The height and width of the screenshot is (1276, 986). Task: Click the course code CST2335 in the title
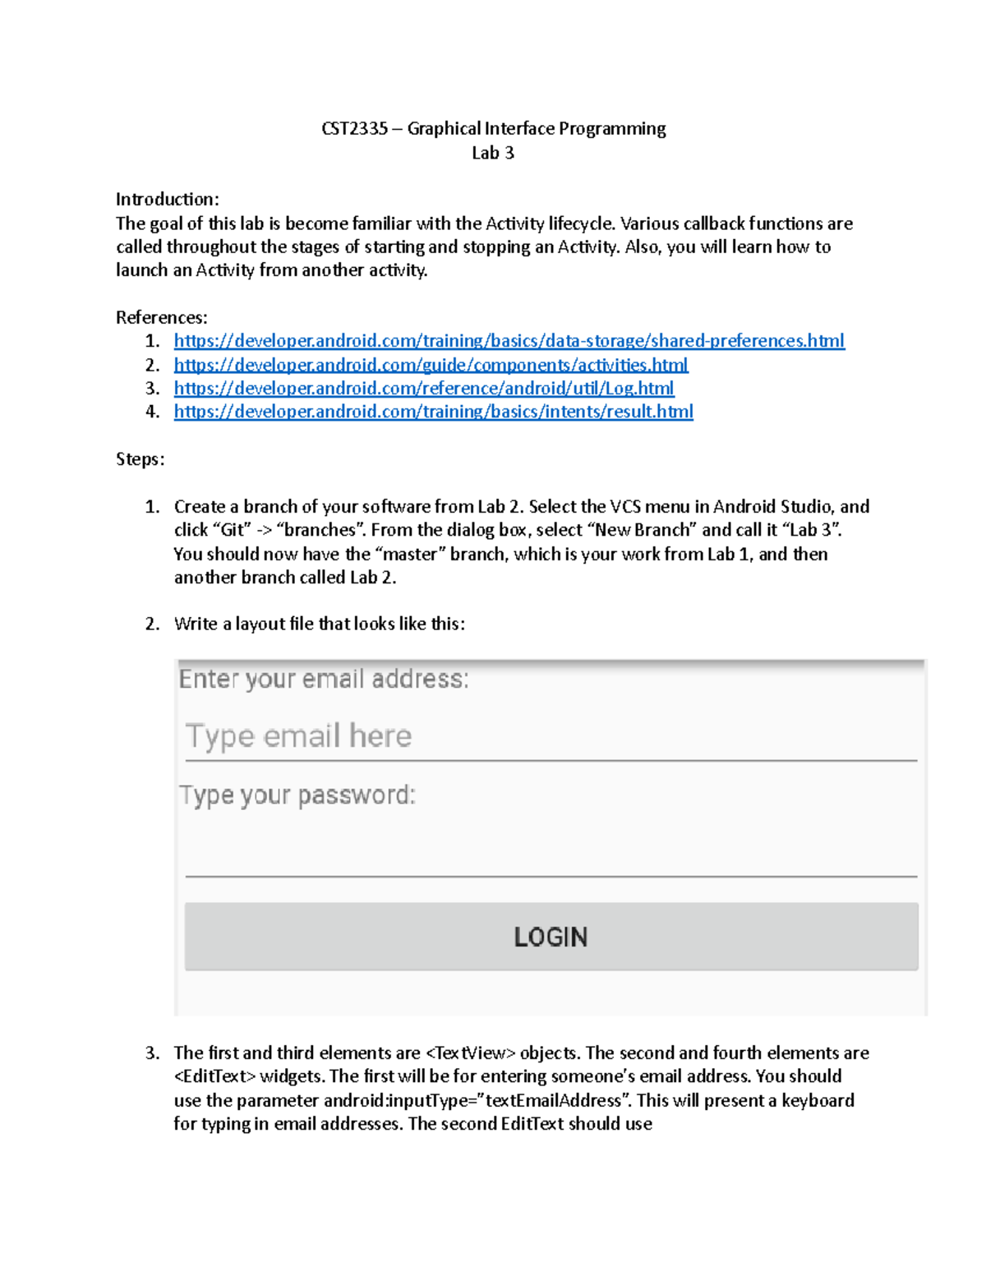tap(354, 129)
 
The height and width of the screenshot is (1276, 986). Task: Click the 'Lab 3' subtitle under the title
tap(493, 153)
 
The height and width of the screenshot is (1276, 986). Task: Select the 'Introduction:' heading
tap(167, 200)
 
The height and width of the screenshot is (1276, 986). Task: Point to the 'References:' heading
tap(161, 318)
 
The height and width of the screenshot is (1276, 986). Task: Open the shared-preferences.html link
tap(509, 341)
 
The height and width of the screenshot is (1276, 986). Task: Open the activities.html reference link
tap(431, 365)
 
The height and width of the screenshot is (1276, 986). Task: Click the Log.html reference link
tap(423, 388)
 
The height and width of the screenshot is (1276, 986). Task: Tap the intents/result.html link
tap(433, 412)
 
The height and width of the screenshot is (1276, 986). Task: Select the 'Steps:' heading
tap(140, 459)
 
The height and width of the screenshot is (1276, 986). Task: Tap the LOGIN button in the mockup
tap(551, 937)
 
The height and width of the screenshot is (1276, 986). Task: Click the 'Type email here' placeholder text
tap(298, 736)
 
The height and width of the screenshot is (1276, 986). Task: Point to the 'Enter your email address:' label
tap(324, 679)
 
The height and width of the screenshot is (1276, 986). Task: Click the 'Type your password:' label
tap(297, 795)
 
